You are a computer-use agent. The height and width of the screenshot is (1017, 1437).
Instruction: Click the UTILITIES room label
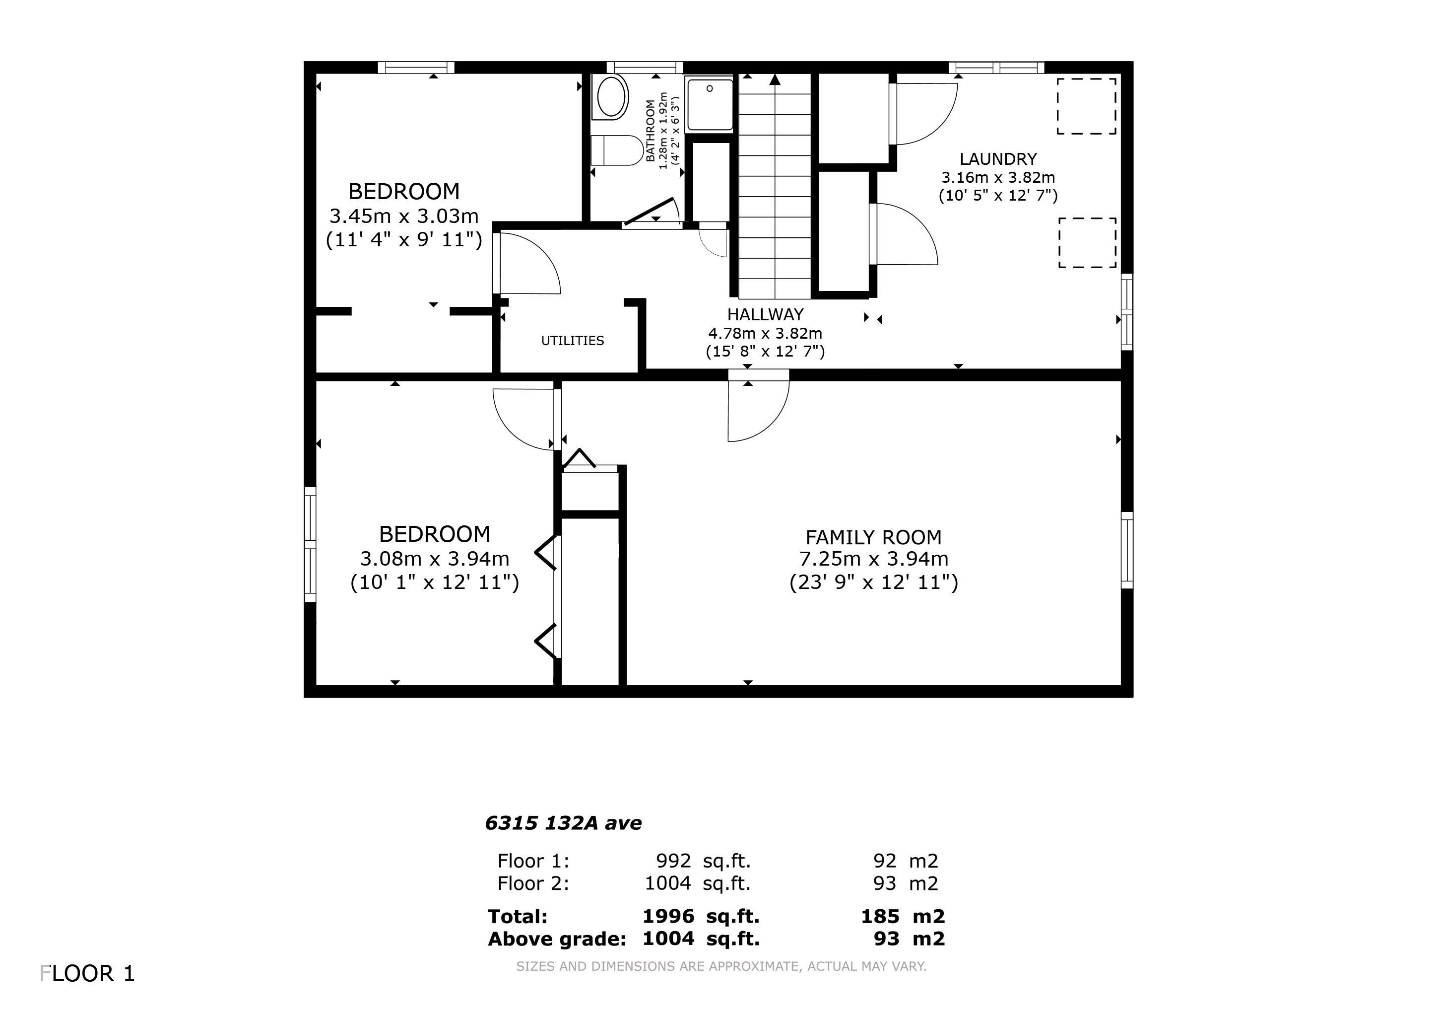click(x=572, y=341)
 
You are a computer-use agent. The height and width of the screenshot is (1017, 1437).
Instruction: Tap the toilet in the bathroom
click(x=616, y=150)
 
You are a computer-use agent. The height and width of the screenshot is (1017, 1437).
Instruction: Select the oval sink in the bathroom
click(x=611, y=97)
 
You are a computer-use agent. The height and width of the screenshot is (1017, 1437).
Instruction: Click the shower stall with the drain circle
click(x=709, y=104)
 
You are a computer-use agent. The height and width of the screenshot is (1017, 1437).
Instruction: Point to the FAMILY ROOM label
click(x=873, y=537)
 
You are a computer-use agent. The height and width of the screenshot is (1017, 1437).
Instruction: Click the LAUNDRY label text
click(x=998, y=159)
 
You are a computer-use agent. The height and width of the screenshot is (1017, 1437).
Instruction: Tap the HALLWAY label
click(x=765, y=314)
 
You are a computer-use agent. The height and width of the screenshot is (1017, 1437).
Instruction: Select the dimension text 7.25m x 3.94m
click(x=873, y=559)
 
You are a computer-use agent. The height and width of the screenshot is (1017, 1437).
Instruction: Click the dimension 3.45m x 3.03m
click(x=404, y=216)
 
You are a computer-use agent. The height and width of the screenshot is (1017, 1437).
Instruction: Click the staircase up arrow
click(x=775, y=80)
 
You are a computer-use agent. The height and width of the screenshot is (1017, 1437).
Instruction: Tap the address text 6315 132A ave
click(x=563, y=823)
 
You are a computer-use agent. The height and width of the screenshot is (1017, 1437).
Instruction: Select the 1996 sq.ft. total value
click(x=700, y=917)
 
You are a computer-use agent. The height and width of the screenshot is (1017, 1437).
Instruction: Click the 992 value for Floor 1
click(x=673, y=861)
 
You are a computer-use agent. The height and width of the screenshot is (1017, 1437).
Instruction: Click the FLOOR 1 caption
click(x=88, y=974)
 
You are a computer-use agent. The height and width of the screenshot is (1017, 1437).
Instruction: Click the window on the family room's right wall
click(x=1126, y=550)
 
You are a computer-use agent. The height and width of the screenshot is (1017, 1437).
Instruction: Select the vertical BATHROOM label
click(x=651, y=130)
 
